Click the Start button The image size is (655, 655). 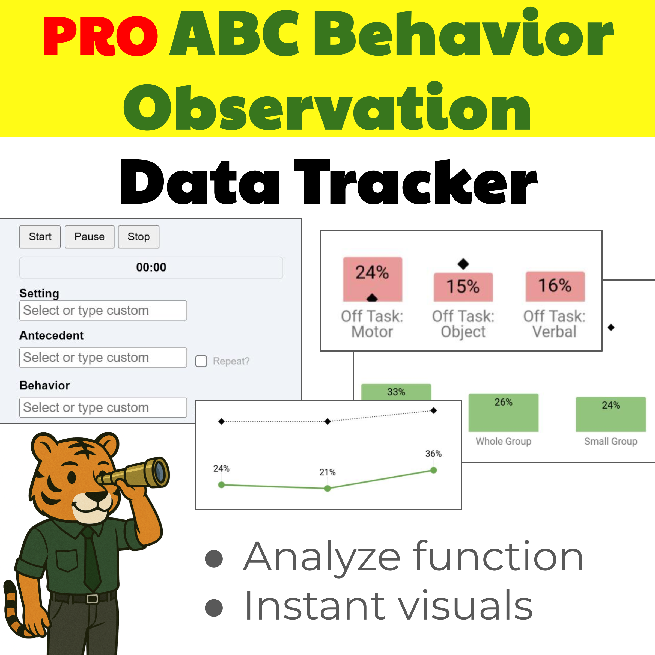tap(40, 237)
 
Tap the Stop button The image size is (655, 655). tap(138, 237)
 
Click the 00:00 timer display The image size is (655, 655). tap(151, 267)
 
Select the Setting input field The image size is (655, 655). tap(103, 310)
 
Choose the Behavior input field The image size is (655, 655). tap(103, 407)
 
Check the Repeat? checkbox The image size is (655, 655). tap(201, 361)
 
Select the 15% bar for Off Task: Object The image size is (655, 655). tap(463, 287)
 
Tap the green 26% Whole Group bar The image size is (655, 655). tap(503, 412)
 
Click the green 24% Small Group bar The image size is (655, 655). tap(611, 414)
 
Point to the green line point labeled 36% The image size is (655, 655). tap(433, 470)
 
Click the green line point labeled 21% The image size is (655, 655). tap(327, 489)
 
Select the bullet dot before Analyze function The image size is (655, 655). tap(214, 558)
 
